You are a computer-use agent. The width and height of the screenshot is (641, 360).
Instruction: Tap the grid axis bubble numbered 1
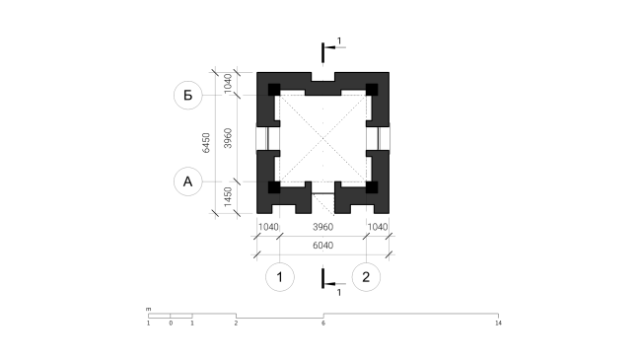[280, 277]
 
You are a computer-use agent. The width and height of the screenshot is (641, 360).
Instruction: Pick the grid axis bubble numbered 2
[366, 277]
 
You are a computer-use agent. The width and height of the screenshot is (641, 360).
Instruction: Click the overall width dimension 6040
[322, 246]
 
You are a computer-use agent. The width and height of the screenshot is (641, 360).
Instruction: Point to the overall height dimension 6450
[206, 143]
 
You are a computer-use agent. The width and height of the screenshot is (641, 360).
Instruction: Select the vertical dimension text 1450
[228, 197]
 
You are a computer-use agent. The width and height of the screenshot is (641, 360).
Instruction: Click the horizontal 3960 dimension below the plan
[322, 227]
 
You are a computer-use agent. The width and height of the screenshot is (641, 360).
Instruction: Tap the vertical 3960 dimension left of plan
[228, 138]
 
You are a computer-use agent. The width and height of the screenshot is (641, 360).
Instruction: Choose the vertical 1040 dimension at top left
[228, 84]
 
